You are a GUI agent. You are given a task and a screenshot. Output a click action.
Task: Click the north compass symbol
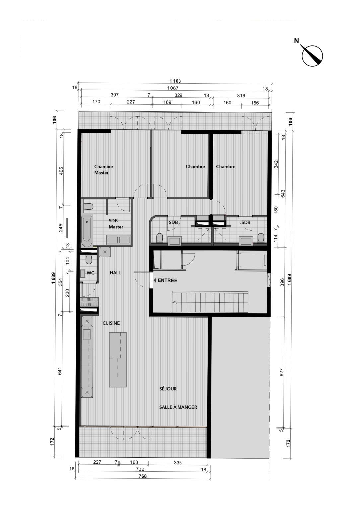coord(312,55)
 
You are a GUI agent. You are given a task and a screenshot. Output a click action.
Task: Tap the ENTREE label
coord(167,280)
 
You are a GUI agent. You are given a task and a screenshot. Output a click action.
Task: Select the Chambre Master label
coord(104,170)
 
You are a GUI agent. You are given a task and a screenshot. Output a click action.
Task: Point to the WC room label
coord(90,273)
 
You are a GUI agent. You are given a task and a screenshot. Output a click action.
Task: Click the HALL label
coord(115,273)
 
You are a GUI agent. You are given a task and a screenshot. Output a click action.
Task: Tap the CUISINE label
coord(111,323)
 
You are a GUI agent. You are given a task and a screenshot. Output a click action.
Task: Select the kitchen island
coord(118,360)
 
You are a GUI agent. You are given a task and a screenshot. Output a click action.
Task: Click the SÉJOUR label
coord(168,389)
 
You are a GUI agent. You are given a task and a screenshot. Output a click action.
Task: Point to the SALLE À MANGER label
coord(178,407)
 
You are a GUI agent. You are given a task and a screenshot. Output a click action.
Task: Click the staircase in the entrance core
coord(210,302)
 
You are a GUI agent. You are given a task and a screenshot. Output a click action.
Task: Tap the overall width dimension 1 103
coord(175,81)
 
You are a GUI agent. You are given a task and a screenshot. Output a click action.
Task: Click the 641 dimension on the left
coord(60,371)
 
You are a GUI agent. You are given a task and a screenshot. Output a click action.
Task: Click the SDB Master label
coord(116,224)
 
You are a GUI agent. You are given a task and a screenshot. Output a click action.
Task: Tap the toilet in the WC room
coord(88,259)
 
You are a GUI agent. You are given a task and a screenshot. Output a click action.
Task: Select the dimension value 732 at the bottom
coord(140,469)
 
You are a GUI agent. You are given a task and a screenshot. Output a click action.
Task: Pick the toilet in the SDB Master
coord(88,207)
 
